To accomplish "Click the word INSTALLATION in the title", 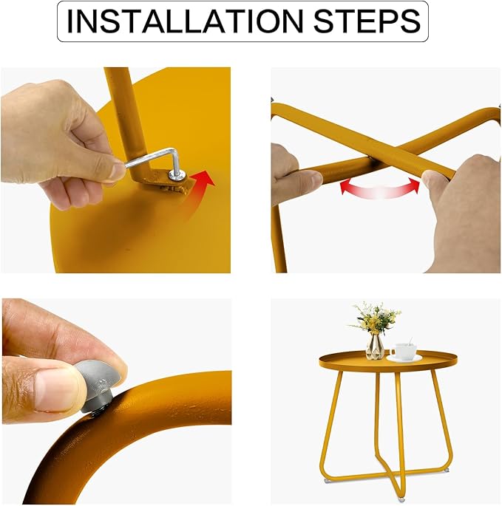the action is click(x=184, y=21).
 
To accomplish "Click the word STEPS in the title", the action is click(x=367, y=21).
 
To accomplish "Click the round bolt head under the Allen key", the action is click(x=177, y=176).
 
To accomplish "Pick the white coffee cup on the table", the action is click(x=404, y=352).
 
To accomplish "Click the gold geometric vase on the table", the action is click(x=375, y=346).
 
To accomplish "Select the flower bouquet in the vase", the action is click(x=376, y=318).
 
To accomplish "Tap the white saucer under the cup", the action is click(x=404, y=358).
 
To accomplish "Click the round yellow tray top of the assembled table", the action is click(x=388, y=360).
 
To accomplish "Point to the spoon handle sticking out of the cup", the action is click(x=410, y=341).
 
